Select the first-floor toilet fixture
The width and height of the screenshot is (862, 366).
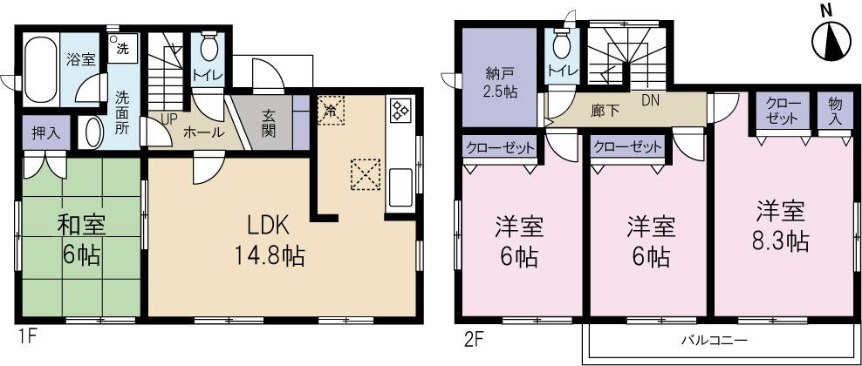pos(209,45)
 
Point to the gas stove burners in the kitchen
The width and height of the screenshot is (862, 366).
pos(401,112)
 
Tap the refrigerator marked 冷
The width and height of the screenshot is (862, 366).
pos(331,111)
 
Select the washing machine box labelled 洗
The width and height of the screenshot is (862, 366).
pos(120,47)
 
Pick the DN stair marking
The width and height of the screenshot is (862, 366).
pos(650,100)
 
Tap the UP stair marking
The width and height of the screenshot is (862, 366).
pos(169,119)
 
